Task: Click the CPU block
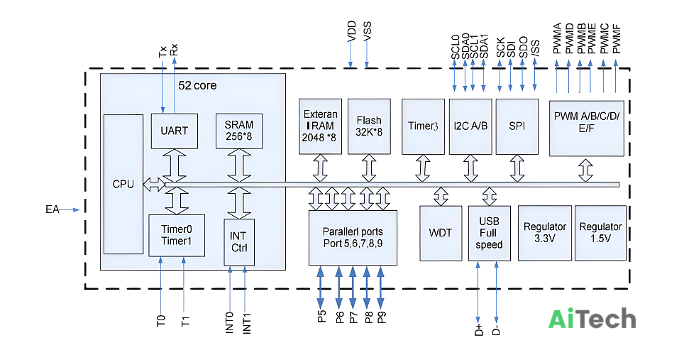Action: tap(123, 184)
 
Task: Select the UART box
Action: tap(174, 131)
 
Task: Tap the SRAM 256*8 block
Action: tap(239, 131)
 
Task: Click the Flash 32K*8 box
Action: tap(369, 126)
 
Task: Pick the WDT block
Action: tap(441, 233)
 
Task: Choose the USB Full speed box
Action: tap(490, 233)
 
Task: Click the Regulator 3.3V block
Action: tap(545, 233)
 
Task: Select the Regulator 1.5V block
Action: tap(601, 233)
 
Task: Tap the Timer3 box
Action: tap(423, 126)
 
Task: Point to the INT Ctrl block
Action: tap(239, 242)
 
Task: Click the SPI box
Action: tap(517, 126)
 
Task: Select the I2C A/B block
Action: tap(470, 126)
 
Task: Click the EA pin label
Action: tap(53, 210)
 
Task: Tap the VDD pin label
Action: tap(352, 31)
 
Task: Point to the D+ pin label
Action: tap(478, 330)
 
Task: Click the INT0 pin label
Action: tap(229, 323)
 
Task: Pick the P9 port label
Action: tap(382, 317)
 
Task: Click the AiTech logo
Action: tap(592, 319)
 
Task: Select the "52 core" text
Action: tap(197, 85)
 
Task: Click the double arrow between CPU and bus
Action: tap(155, 185)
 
